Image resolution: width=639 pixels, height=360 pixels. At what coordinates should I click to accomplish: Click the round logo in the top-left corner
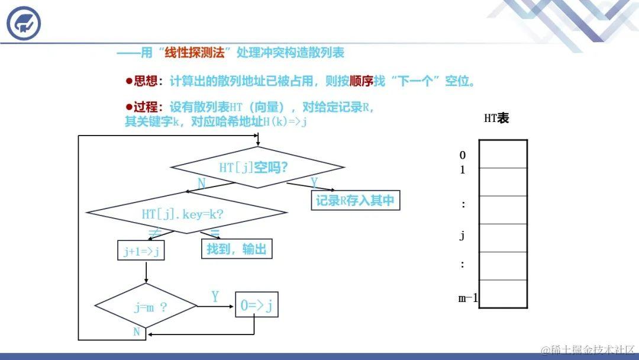click(x=24, y=24)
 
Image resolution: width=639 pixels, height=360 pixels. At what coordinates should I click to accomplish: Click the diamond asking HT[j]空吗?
click(x=257, y=168)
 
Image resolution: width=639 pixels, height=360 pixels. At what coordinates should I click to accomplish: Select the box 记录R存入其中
click(x=355, y=201)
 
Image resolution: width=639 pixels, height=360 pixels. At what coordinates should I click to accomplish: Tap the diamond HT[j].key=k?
click(x=186, y=214)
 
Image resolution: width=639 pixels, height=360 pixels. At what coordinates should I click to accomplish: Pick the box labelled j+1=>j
click(x=141, y=251)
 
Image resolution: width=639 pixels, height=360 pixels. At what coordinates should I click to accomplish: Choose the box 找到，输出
click(x=237, y=249)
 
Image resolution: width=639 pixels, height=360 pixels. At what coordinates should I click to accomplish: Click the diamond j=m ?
click(x=146, y=307)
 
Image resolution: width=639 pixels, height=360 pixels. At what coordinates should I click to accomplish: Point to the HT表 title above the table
click(x=496, y=118)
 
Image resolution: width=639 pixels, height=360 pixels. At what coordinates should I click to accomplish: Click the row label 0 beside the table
click(x=463, y=155)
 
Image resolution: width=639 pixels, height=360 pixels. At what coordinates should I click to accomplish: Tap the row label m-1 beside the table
click(x=468, y=298)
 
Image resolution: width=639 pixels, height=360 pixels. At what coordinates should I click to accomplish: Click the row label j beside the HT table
click(x=462, y=236)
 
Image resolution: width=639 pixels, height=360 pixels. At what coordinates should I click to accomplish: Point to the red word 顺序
click(x=362, y=81)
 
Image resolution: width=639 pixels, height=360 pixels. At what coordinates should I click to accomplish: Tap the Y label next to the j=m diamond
click(x=215, y=297)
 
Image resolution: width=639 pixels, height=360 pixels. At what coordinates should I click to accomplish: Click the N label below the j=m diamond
click(x=137, y=332)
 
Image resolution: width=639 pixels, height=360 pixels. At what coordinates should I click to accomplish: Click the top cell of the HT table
click(x=503, y=154)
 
